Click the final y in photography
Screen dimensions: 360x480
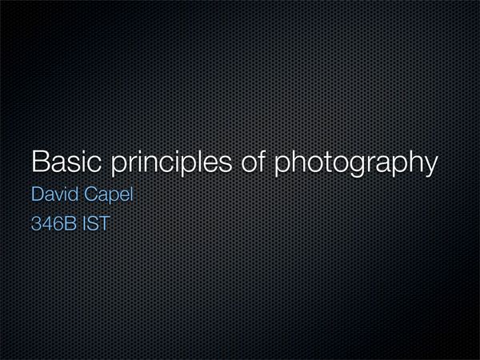click(431, 166)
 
